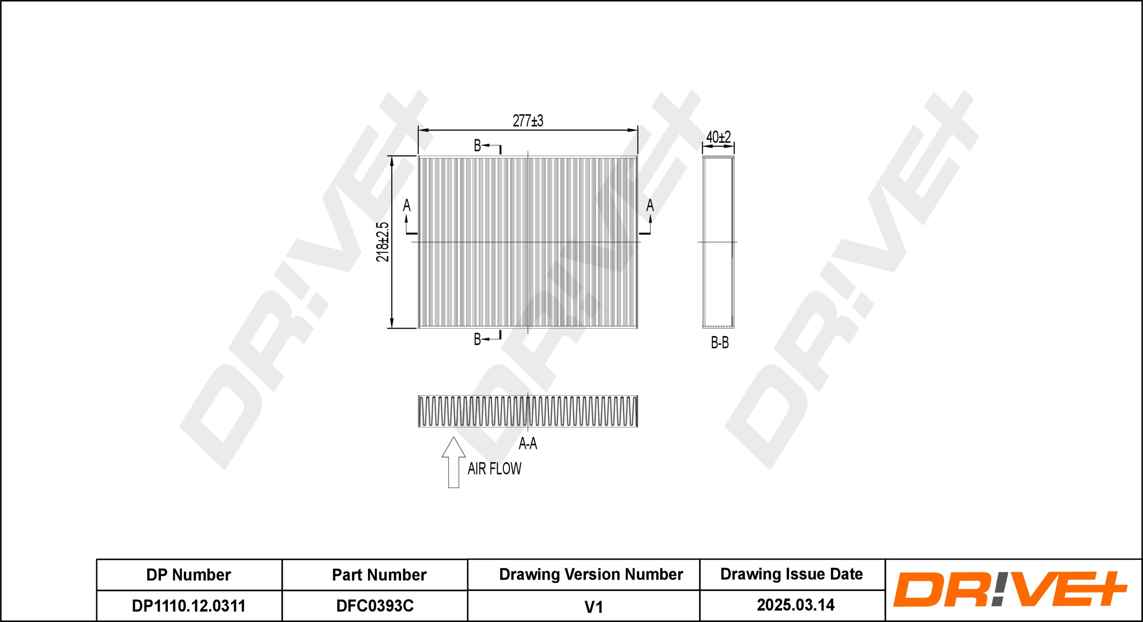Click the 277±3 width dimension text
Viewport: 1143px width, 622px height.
[x=528, y=121]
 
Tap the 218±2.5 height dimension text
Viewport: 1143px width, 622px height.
[x=382, y=242]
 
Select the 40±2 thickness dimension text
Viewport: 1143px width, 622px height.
[x=718, y=137]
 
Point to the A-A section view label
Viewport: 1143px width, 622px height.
[x=528, y=443]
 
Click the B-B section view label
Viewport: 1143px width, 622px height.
[x=720, y=343]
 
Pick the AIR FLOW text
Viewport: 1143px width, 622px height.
[x=494, y=469]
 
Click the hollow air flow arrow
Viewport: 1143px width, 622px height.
[x=454, y=462]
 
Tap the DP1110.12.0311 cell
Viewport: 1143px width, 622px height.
[x=188, y=606]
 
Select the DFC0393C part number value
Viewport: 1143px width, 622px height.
[x=375, y=606]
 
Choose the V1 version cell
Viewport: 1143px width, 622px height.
[x=593, y=607]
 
